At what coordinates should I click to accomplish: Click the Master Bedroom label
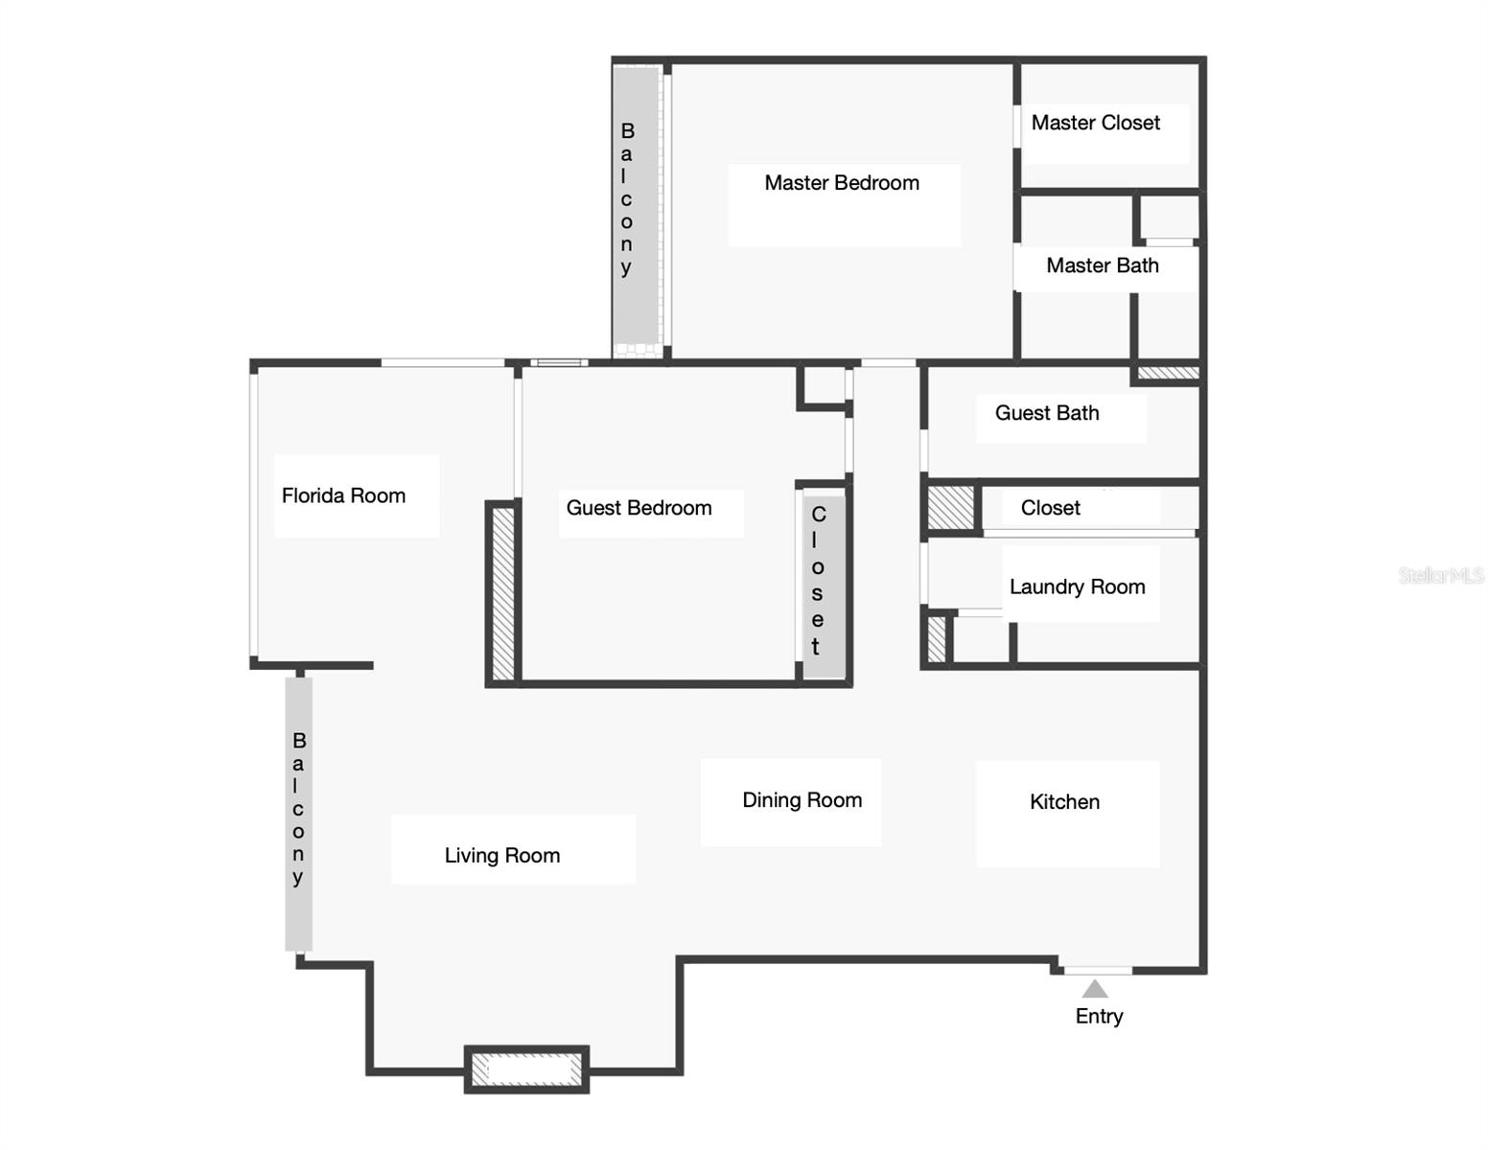842,183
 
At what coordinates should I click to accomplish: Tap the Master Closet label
1095,123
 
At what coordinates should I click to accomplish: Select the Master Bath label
1102,265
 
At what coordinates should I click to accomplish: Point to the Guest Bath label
1046,413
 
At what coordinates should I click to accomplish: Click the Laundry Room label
1077,586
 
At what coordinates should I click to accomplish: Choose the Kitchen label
1064,802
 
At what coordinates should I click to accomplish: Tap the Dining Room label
802,800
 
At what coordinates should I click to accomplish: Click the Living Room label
501,856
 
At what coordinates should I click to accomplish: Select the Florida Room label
343,495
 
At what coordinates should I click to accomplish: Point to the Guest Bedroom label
639,508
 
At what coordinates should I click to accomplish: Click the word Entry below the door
1099,1016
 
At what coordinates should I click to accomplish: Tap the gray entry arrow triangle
1095,989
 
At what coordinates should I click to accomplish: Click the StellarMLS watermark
1440,575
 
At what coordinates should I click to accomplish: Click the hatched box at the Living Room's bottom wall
526,1069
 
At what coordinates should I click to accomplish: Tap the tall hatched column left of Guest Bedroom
502,591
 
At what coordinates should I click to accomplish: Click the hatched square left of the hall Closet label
950,507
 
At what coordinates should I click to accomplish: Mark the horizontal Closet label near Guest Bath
1050,508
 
